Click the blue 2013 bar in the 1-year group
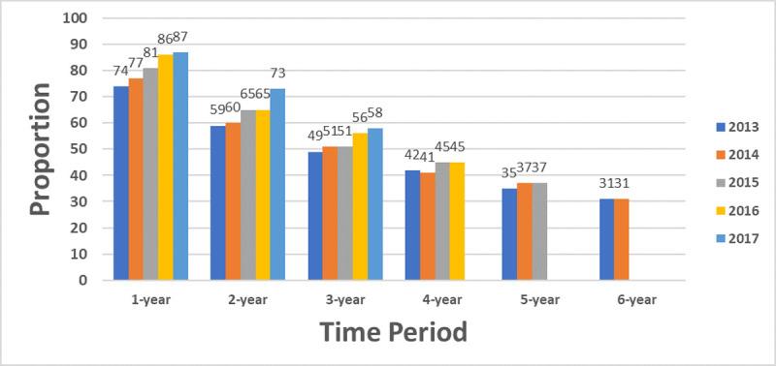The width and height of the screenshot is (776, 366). click(x=121, y=183)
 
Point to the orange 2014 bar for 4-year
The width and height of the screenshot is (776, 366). click(x=429, y=227)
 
